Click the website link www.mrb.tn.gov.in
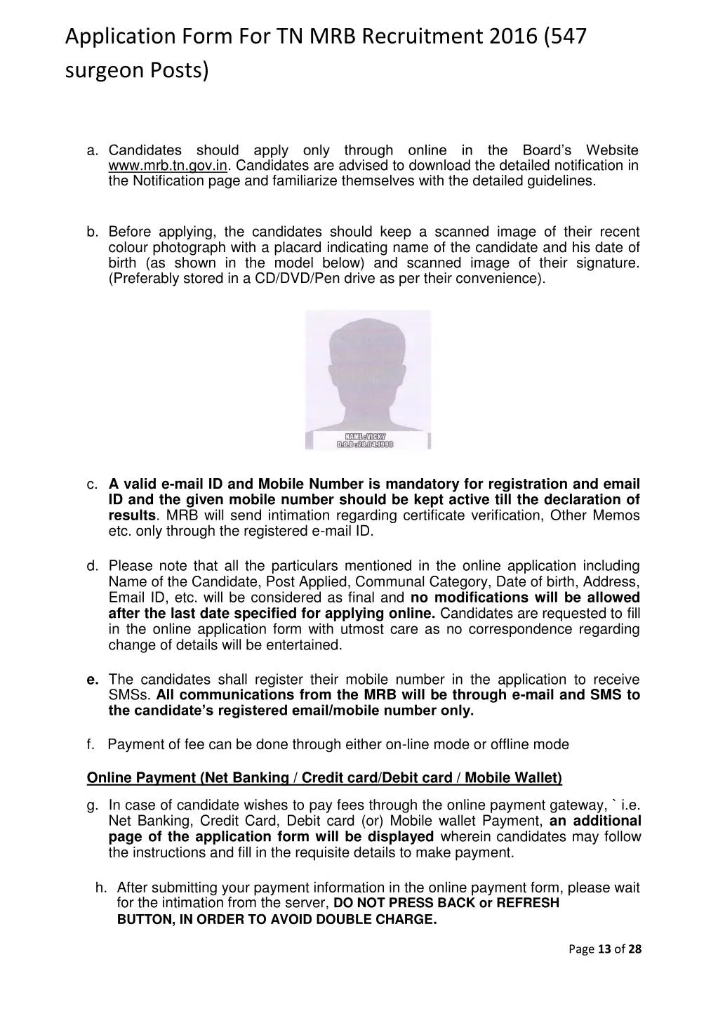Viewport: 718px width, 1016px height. point(168,166)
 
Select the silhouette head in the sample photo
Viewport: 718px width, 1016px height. point(368,359)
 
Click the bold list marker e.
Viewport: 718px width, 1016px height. point(92,679)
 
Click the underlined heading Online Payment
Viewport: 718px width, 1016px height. point(141,777)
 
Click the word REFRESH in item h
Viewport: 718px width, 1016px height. point(528,903)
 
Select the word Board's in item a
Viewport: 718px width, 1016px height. point(547,150)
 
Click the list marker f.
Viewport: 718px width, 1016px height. point(91,744)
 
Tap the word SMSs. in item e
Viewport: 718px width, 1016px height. point(129,695)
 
